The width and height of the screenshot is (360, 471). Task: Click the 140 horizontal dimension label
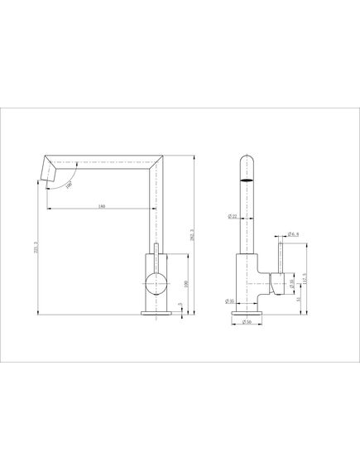coord(101,206)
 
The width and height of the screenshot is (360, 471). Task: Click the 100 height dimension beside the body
coord(186,284)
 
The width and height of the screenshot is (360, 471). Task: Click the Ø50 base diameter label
coord(245,321)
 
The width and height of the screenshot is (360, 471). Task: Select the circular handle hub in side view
coord(155,283)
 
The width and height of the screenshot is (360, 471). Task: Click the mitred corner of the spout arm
coord(157,165)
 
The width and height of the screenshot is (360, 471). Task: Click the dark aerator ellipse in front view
coord(247,177)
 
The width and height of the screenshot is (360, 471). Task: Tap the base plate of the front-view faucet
coord(247,313)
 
